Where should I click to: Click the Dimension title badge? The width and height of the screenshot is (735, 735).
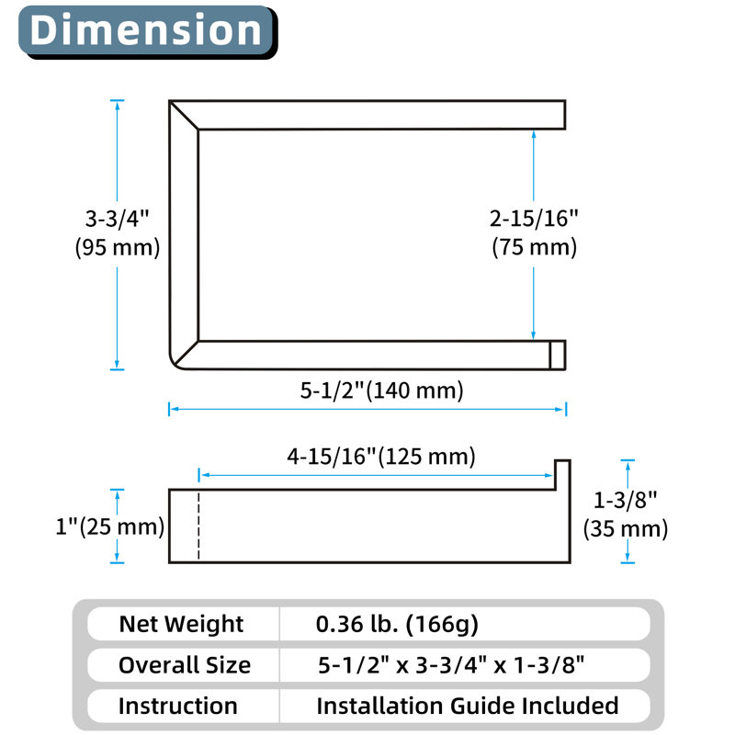pos(148,32)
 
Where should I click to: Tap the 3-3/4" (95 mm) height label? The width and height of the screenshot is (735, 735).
pos(118,233)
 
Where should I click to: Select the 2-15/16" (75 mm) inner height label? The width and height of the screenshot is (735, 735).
pos(534,233)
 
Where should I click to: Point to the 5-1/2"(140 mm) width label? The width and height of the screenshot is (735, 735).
pos(381,390)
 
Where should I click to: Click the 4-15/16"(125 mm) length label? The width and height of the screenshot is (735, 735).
pos(381,456)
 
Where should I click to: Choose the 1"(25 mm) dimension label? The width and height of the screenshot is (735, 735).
pos(109,526)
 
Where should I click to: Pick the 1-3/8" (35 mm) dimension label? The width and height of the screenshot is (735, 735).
pos(626,514)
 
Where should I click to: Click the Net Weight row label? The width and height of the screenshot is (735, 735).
pos(181,624)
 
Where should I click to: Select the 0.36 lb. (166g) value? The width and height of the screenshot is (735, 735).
pos(397,625)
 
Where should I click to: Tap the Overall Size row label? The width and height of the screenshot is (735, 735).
pos(185,665)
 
